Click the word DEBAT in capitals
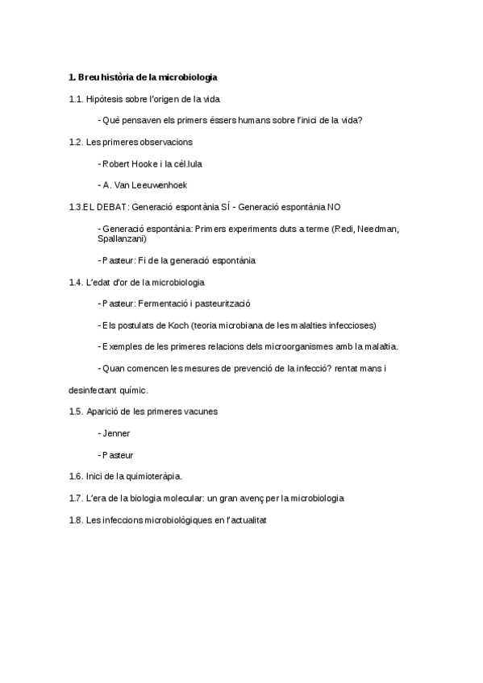coord(112,207)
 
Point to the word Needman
coord(380,229)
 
